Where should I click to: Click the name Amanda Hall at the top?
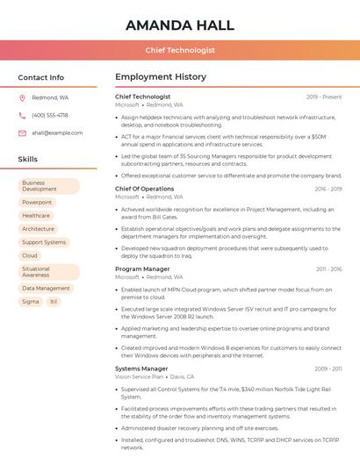pyautogui.click(x=180, y=25)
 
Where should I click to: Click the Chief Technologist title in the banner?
pyautogui.click(x=180, y=50)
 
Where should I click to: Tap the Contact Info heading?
pyautogui.click(x=41, y=77)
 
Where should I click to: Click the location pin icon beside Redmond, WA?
pyautogui.click(x=22, y=97)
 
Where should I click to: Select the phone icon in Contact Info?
pyautogui.click(x=22, y=115)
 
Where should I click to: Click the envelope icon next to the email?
pyautogui.click(x=22, y=133)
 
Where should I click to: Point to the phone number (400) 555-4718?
pyautogui.click(x=50, y=115)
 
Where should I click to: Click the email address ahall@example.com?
pyautogui.click(x=57, y=133)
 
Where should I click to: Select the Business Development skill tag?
pyautogui.click(x=49, y=186)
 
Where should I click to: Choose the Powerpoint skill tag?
pyautogui.click(x=37, y=203)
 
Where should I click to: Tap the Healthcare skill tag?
pyautogui.click(x=36, y=216)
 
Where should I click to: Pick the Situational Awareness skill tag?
pyautogui.click(x=49, y=272)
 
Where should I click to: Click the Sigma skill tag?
pyautogui.click(x=31, y=302)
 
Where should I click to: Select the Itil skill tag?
pyautogui.click(x=54, y=302)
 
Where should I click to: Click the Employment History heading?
pyautogui.click(x=161, y=77)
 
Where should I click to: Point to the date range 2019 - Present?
pyautogui.click(x=324, y=97)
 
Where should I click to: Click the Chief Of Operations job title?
pyautogui.click(x=144, y=189)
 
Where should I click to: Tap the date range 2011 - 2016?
pyautogui.click(x=328, y=269)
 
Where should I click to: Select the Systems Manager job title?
pyautogui.click(x=141, y=368)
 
